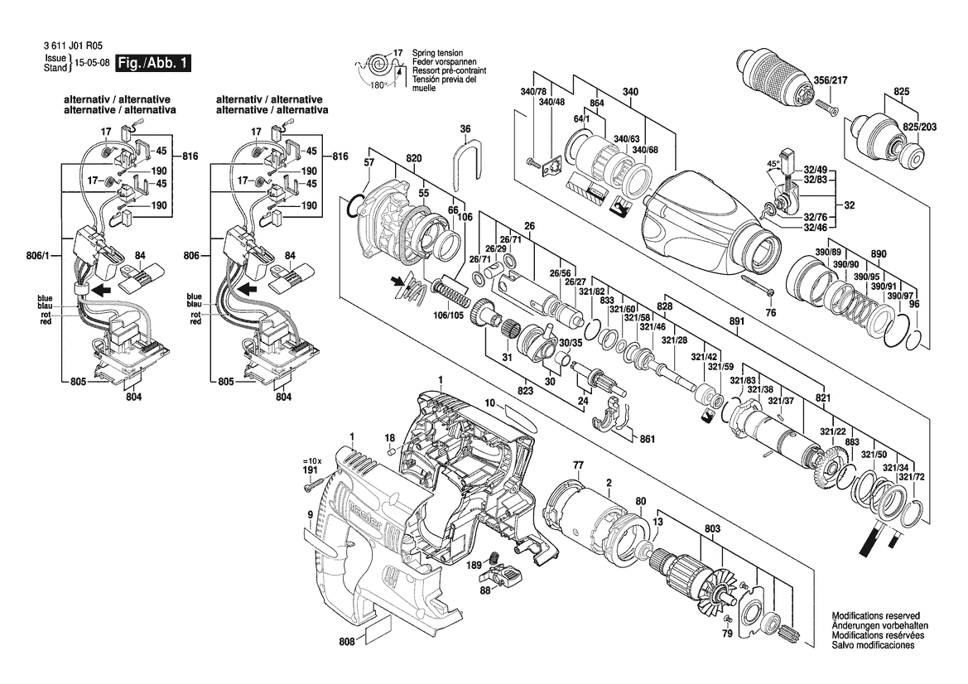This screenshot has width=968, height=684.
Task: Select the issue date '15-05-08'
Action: click(x=91, y=64)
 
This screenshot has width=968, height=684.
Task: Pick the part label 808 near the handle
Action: click(x=346, y=641)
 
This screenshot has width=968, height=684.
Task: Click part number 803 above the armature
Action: click(x=713, y=528)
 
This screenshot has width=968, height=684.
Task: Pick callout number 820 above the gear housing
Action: click(x=414, y=157)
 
